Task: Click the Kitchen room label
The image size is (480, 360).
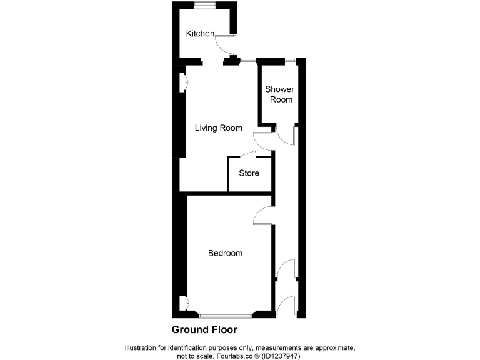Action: pyautogui.click(x=200, y=34)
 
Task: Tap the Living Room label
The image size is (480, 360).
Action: pyautogui.click(x=218, y=128)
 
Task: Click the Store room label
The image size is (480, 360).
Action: pyautogui.click(x=249, y=173)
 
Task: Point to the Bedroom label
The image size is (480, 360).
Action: pyautogui.click(x=225, y=253)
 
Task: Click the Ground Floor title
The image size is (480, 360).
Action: pyautogui.click(x=204, y=329)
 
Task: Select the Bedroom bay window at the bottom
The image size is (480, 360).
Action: pyautogui.click(x=225, y=315)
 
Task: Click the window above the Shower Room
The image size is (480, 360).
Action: pyautogui.click(x=291, y=59)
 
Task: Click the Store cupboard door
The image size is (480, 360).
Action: pyautogui.click(x=246, y=154)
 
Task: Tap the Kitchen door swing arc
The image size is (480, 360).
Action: pyautogui.click(x=222, y=45)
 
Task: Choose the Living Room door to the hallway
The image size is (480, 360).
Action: pyautogui.click(x=262, y=141)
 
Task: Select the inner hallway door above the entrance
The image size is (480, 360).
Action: pyautogui.click(x=286, y=268)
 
